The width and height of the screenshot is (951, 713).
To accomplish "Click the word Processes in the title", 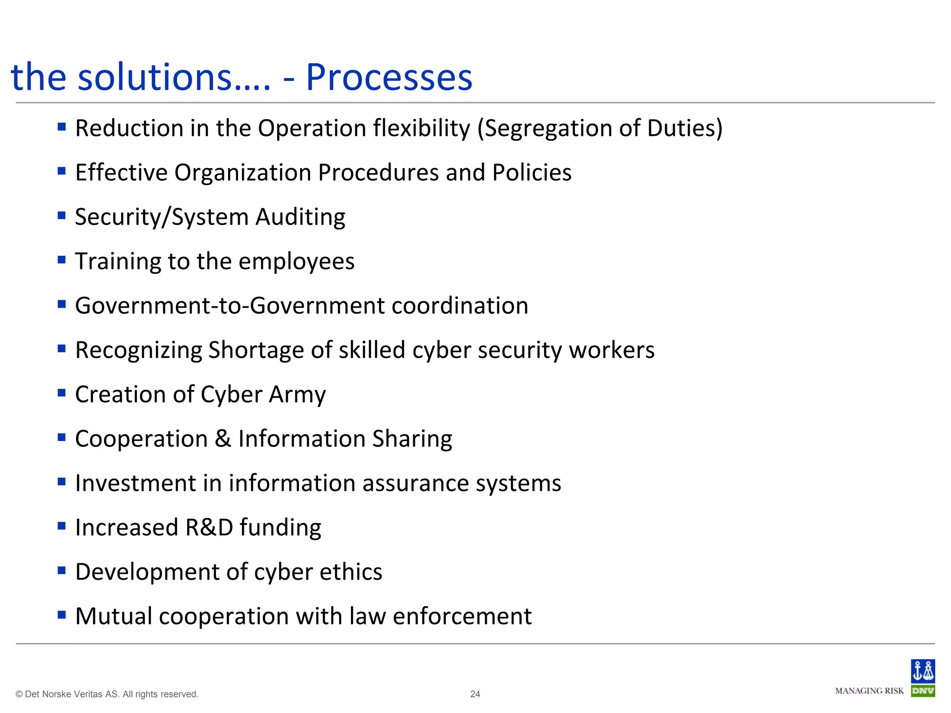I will click(x=389, y=77).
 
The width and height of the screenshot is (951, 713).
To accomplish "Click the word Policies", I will click(x=532, y=173).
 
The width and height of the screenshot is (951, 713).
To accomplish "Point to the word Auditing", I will click(x=300, y=217).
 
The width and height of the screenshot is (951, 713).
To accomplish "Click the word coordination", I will click(x=460, y=306).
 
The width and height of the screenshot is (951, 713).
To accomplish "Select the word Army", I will click(x=297, y=395).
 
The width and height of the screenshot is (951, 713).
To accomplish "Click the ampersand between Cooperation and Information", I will click(x=223, y=439).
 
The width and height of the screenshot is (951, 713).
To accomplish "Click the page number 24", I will click(x=475, y=694).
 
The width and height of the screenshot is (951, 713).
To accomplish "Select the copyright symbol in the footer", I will click(x=19, y=694).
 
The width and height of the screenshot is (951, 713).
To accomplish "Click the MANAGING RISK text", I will click(x=869, y=691).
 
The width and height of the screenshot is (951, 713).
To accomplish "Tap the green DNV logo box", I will click(x=923, y=691).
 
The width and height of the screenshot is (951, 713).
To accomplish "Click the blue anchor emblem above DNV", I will click(x=923, y=671).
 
